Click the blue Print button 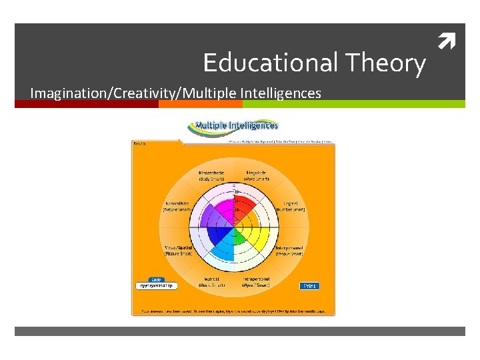click(310, 285)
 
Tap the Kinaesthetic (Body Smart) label click(211, 177)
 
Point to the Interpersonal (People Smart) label click(289, 251)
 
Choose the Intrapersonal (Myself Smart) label click(255, 281)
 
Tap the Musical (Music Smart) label click(211, 281)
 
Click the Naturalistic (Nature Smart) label click(177, 206)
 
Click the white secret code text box click(155, 286)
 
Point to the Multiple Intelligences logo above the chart click(233, 126)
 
